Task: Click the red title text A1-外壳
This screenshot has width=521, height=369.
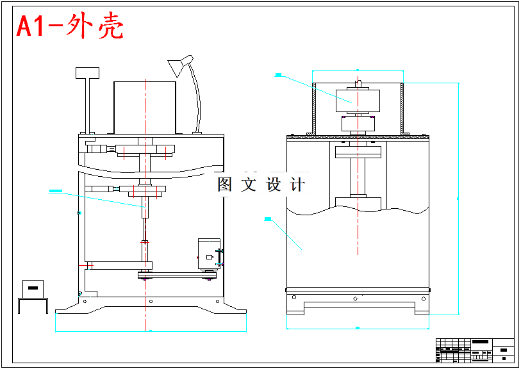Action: coord(69,27)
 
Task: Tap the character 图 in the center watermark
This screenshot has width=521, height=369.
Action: coord(224,184)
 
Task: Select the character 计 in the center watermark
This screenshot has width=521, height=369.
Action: coord(297,184)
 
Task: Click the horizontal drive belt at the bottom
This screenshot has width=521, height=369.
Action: coord(176,275)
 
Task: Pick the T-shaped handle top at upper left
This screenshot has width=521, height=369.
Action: coord(88,73)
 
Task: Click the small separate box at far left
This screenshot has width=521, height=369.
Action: coord(33,288)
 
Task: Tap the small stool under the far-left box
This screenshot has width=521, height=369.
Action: coord(33,306)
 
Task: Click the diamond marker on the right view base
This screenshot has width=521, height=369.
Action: coord(355,298)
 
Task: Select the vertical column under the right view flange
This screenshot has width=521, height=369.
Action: coord(357,176)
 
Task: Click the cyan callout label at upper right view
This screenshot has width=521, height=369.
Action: coord(278,75)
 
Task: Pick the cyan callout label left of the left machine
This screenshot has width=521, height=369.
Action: coord(55,190)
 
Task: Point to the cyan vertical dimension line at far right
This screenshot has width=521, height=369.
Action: coord(458,199)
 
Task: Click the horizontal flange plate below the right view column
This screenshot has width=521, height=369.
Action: coord(357,201)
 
